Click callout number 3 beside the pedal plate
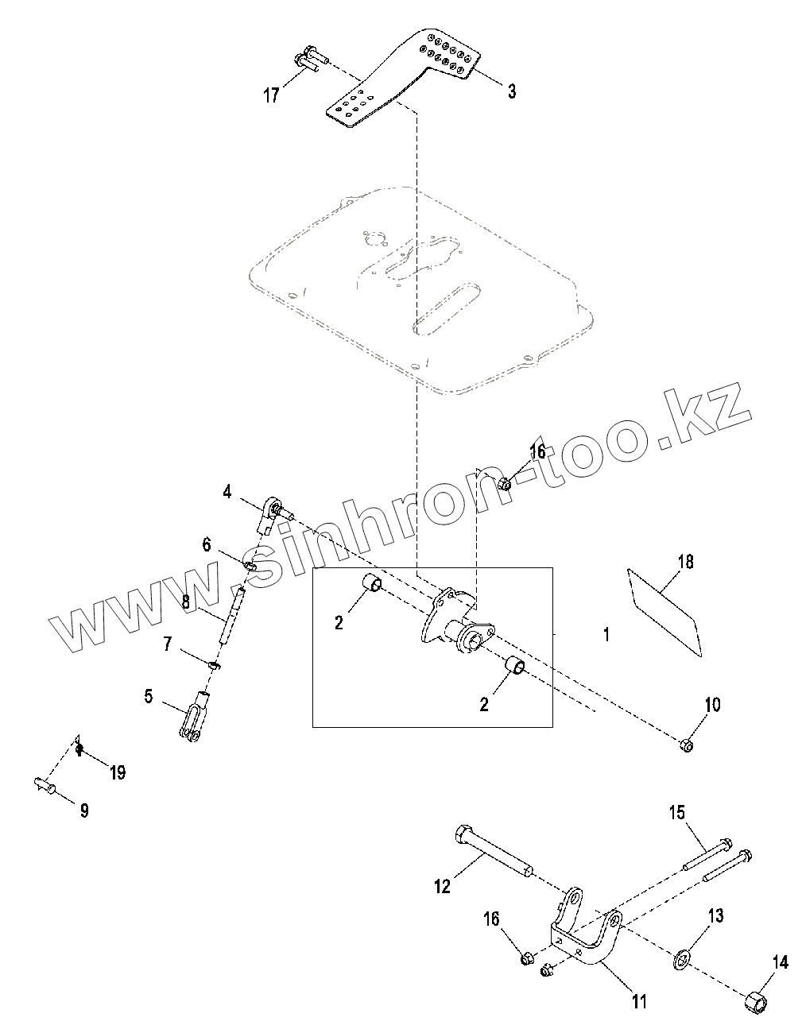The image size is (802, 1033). pyautogui.click(x=512, y=92)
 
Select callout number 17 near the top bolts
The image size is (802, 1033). pyautogui.click(x=271, y=95)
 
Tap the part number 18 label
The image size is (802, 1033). pyautogui.click(x=685, y=562)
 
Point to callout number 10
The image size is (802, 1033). pyautogui.click(x=712, y=704)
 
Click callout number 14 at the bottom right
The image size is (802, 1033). pyautogui.click(x=780, y=962)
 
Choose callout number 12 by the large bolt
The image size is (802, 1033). pyautogui.click(x=442, y=885)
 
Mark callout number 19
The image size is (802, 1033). pyautogui.click(x=118, y=772)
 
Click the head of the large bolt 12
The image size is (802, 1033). pyautogui.click(x=463, y=836)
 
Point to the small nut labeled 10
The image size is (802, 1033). pyautogui.click(x=687, y=745)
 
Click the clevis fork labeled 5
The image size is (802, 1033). pyautogui.click(x=194, y=717)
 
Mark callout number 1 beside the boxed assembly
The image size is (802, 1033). pyautogui.click(x=606, y=634)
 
